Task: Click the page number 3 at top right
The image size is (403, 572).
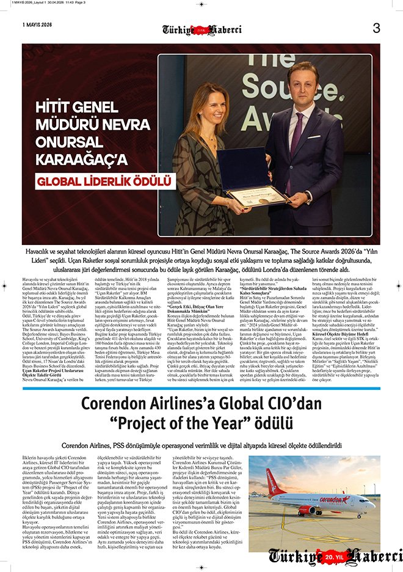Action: point(376,28)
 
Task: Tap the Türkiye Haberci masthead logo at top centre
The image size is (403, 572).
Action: point(201,29)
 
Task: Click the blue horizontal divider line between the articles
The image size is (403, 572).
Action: point(201,389)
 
